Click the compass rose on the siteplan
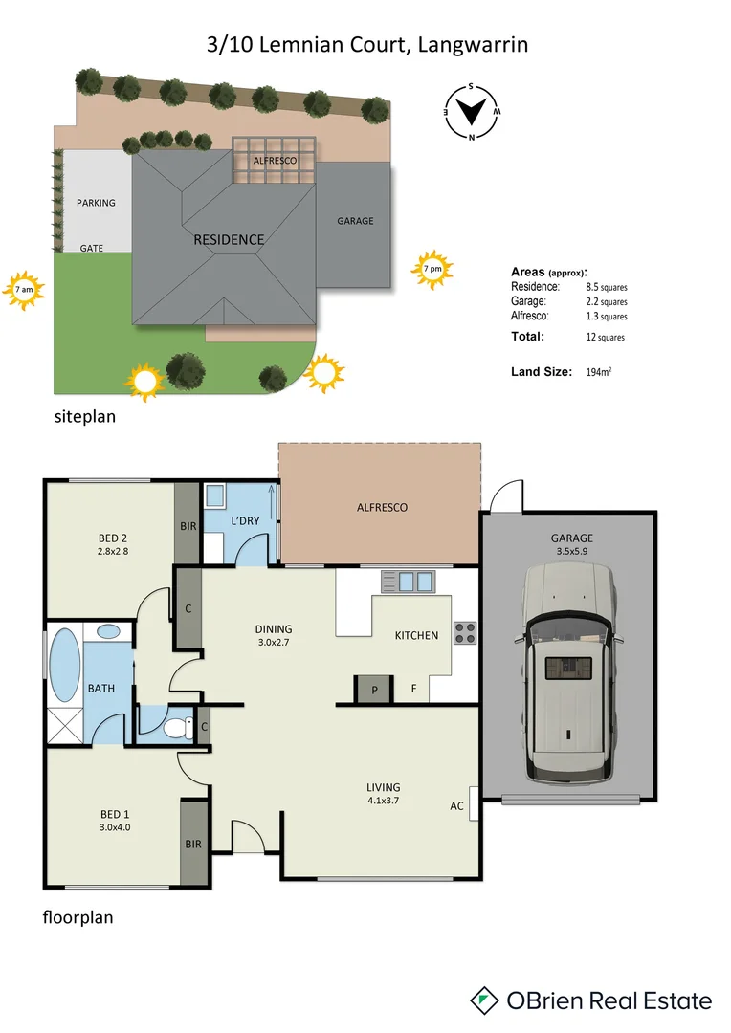point(471,111)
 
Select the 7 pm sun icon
point(432,271)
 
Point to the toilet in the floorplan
point(175,728)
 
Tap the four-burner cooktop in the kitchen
point(464,632)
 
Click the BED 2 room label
point(114,537)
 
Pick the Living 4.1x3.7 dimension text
point(384,801)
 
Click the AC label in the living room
point(457,806)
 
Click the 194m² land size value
point(599,372)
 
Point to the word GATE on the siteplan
point(92,248)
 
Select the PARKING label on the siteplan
point(96,203)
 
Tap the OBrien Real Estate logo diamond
point(486,1000)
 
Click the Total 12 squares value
point(605,337)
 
